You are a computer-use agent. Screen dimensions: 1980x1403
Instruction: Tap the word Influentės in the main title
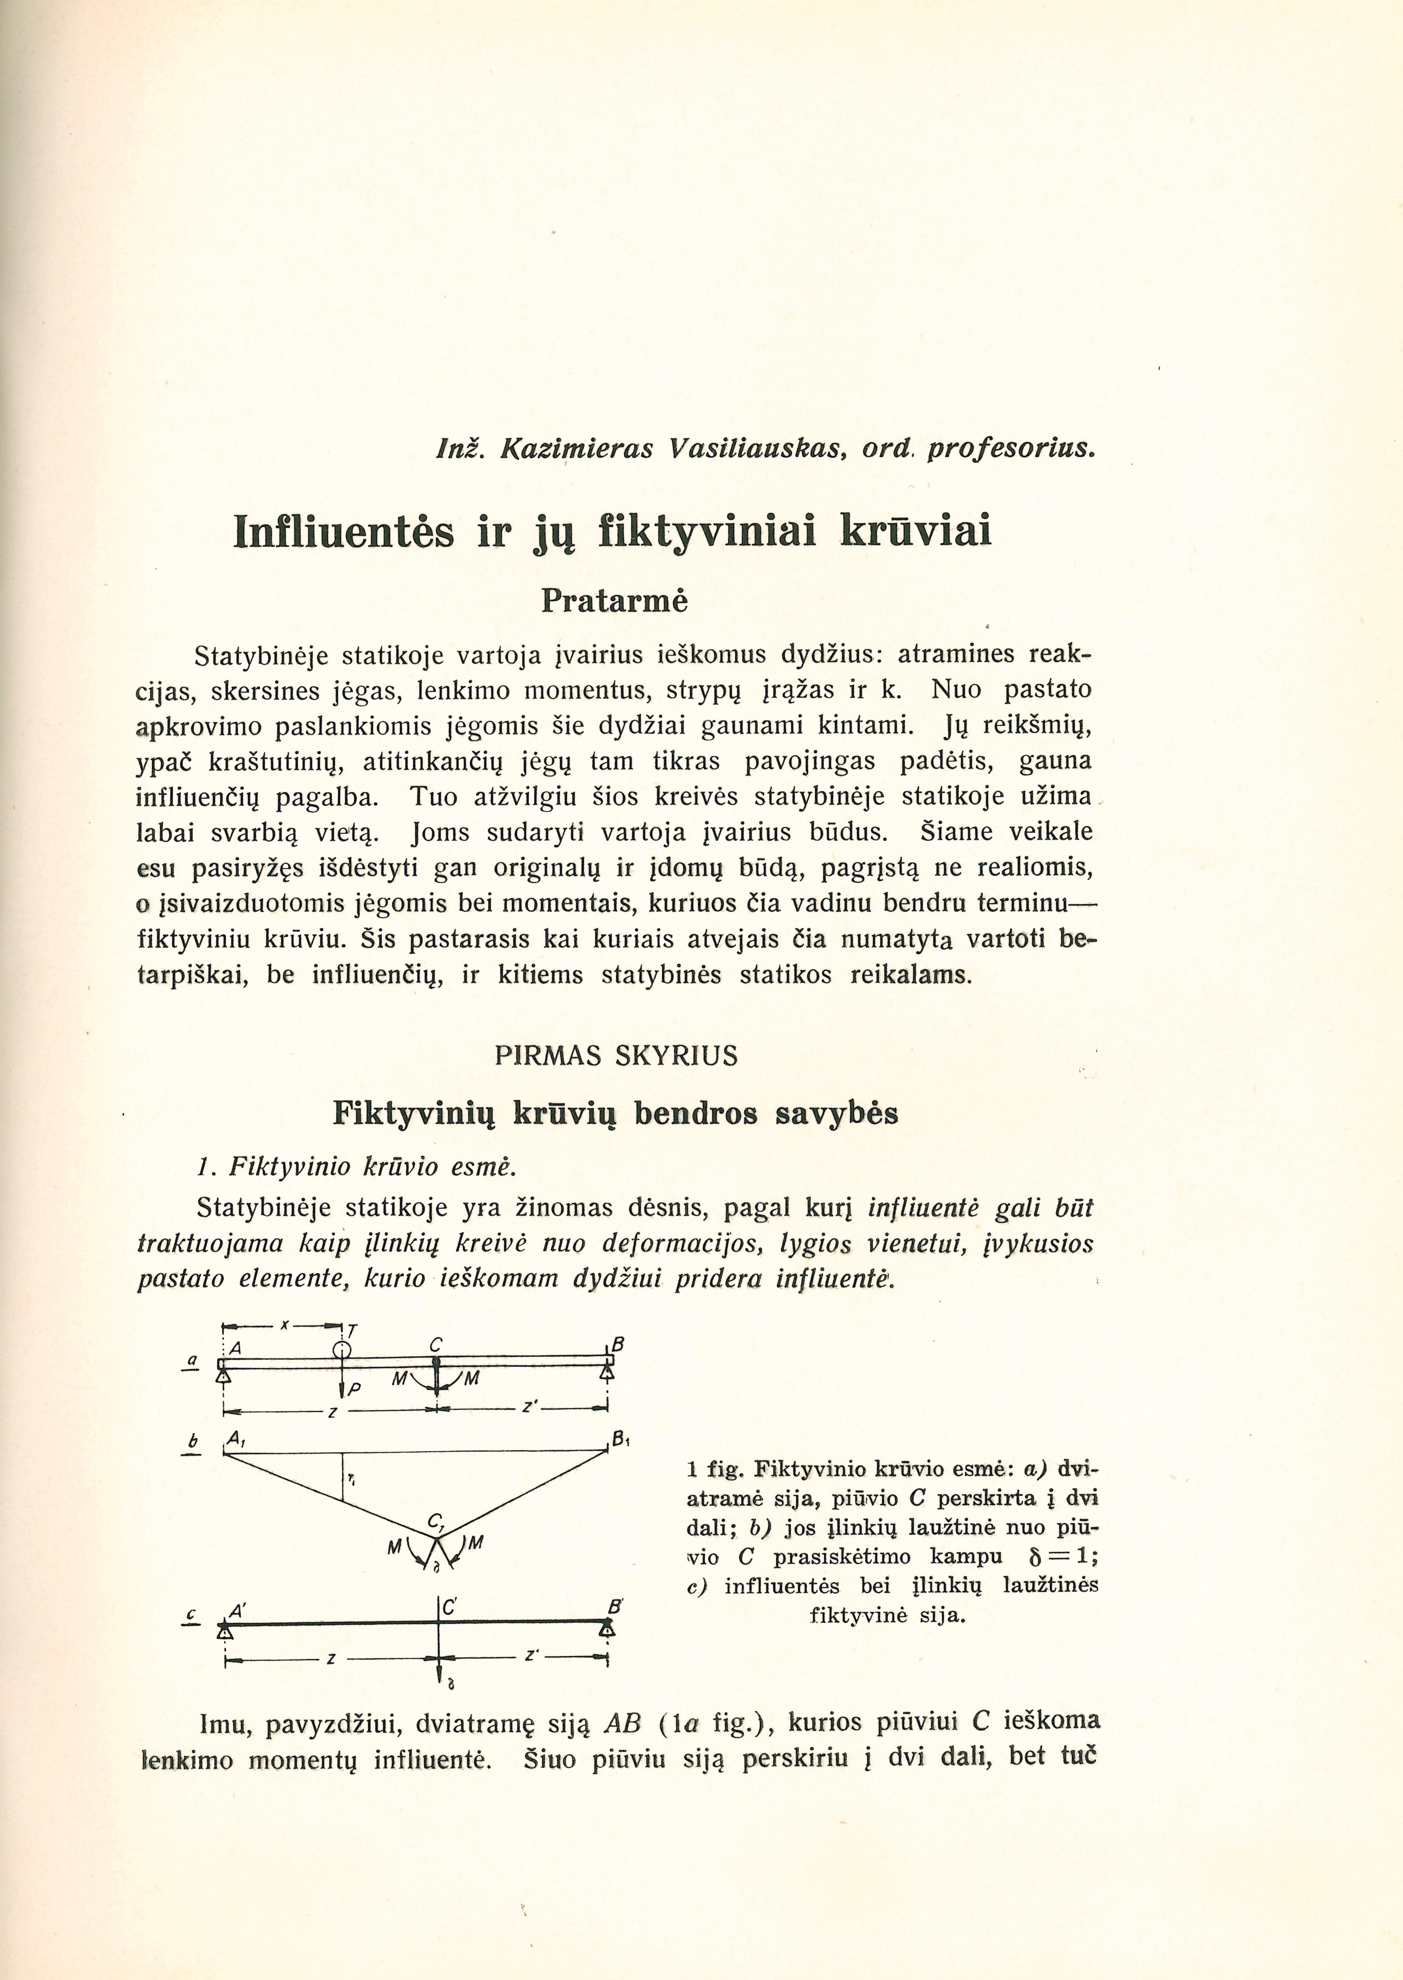[344, 531]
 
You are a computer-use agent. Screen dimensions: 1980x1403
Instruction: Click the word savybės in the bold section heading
[836, 1113]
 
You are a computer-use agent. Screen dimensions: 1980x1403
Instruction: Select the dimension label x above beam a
[283, 1325]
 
